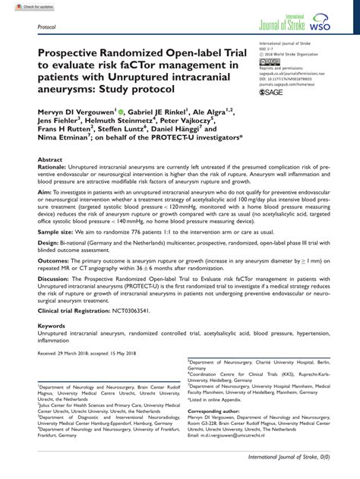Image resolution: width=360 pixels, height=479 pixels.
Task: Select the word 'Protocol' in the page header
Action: pyautogui.click(x=48, y=25)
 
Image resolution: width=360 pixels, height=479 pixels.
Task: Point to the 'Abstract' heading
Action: pyautogui.click(x=50, y=160)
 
